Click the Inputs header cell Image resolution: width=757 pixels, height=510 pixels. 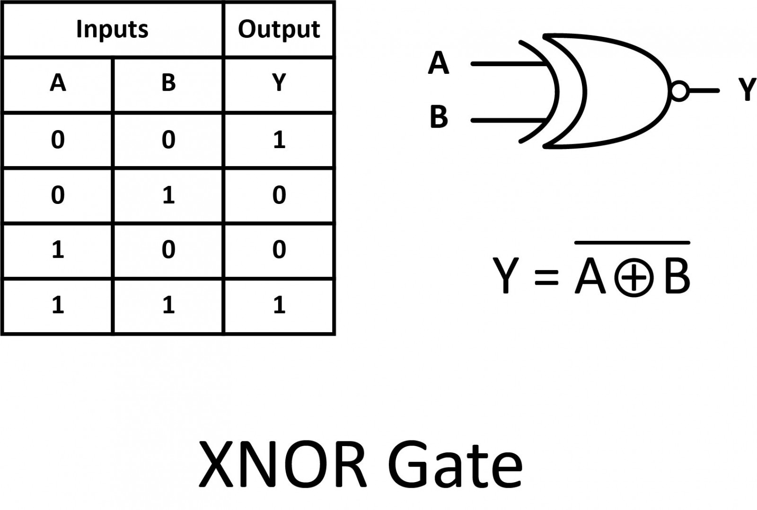click(112, 29)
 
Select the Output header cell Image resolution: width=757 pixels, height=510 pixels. click(279, 29)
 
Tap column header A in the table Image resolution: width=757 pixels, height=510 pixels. click(58, 83)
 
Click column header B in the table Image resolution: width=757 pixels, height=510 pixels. click(168, 83)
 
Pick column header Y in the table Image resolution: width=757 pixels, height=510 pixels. click(279, 83)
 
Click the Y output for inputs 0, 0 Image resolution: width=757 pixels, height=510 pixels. click(279, 140)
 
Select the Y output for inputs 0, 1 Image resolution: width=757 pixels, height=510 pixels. click(279, 195)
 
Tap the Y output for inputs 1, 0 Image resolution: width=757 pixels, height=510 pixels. click(279, 249)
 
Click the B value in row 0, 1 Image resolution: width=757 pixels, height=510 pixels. click(168, 195)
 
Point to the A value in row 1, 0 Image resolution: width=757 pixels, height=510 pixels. click(58, 249)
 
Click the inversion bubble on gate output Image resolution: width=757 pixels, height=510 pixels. click(679, 91)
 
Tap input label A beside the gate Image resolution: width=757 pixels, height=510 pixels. click(438, 63)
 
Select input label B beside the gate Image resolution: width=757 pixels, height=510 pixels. click(439, 117)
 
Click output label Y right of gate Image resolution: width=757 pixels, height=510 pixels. click(747, 90)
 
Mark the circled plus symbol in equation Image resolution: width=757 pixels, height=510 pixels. click(634, 278)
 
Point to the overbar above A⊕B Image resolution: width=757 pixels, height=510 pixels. click(632, 243)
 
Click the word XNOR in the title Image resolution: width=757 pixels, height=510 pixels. click(282, 465)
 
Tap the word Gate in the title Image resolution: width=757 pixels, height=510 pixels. click(455, 465)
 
